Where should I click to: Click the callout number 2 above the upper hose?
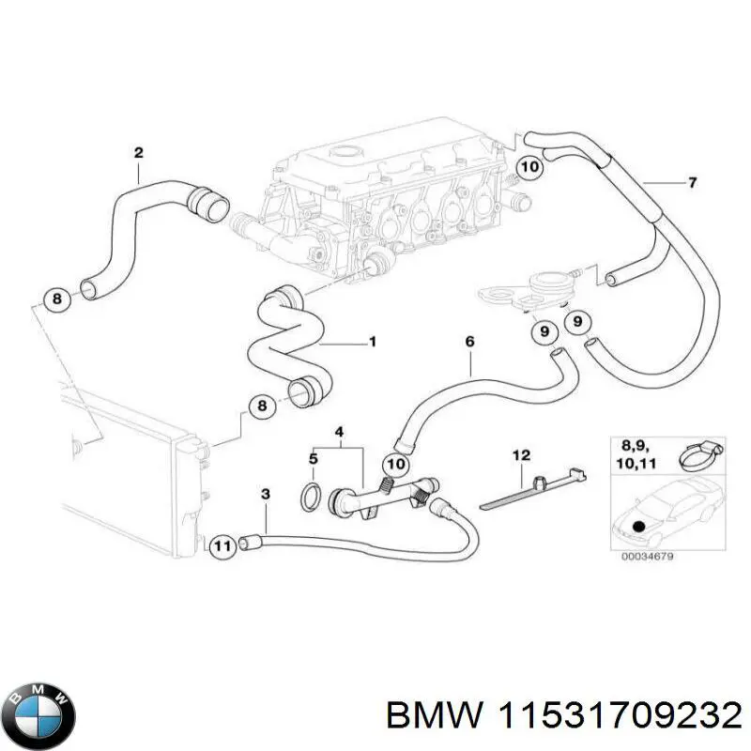pyautogui.click(x=138, y=151)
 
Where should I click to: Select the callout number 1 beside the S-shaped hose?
pyautogui.click(x=372, y=342)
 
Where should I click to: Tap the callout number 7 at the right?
pyautogui.click(x=692, y=182)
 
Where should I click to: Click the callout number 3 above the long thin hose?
pyautogui.click(x=266, y=494)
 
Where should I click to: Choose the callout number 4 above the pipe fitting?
pyautogui.click(x=340, y=433)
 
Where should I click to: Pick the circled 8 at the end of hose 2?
pyautogui.click(x=56, y=300)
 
